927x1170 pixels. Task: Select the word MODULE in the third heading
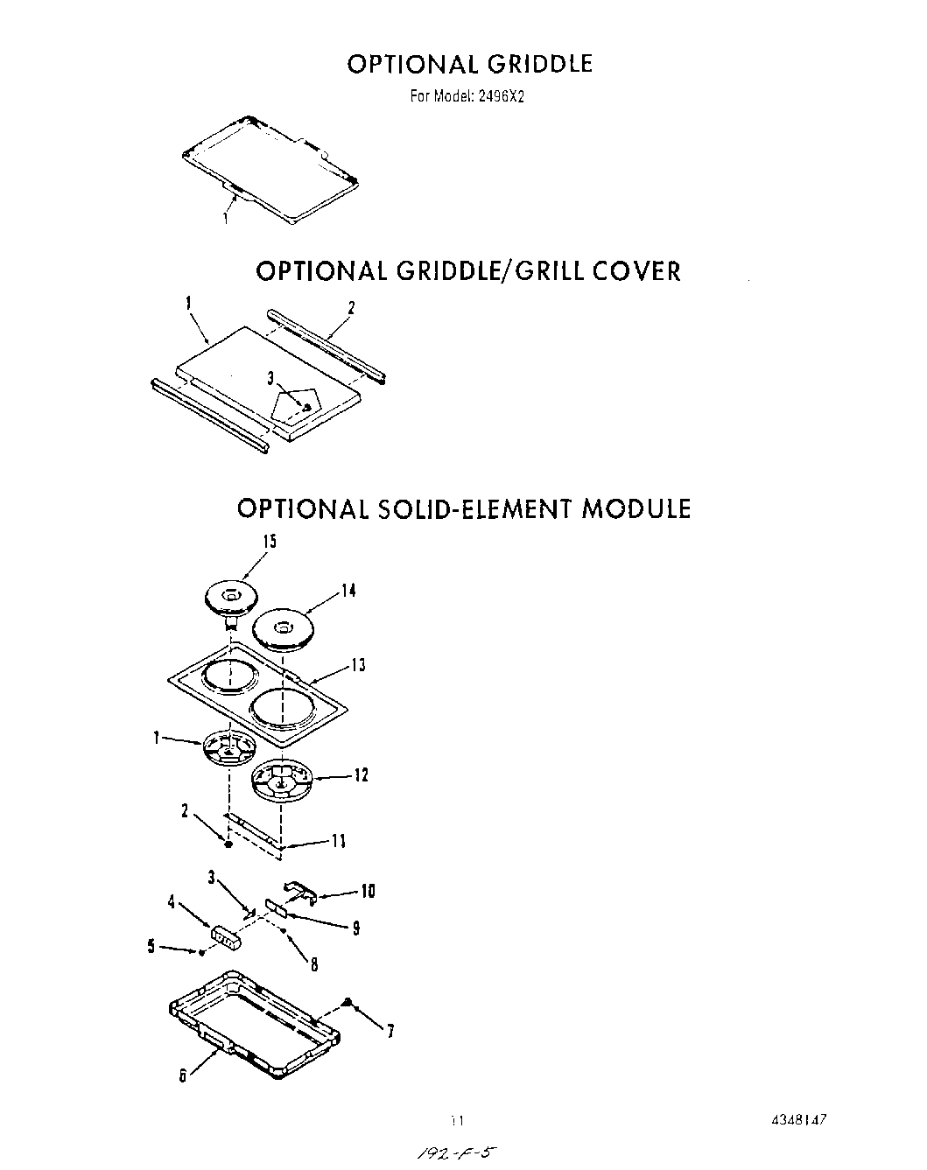point(636,508)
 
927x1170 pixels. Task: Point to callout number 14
point(348,591)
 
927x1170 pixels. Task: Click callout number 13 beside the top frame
point(358,665)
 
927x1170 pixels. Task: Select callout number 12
point(361,774)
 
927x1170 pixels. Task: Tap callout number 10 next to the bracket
point(368,892)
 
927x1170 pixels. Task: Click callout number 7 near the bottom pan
point(390,1032)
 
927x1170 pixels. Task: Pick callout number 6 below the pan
point(183,1077)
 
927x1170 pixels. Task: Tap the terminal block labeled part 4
point(226,939)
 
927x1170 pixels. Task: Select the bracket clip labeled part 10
point(299,892)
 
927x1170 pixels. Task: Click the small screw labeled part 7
point(348,1003)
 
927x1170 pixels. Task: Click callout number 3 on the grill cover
point(271,377)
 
